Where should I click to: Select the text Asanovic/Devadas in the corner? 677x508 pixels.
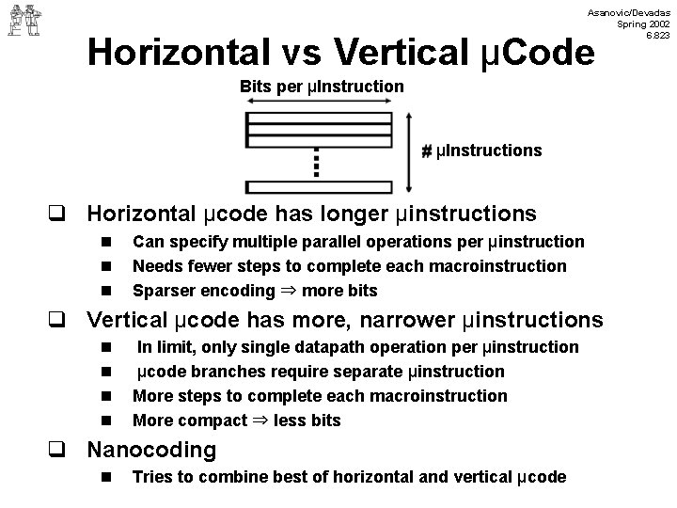coord(626,11)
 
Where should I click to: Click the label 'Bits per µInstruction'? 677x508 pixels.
coord(322,87)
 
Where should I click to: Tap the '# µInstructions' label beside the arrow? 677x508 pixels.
coord(481,151)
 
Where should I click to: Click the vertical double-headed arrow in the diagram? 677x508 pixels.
coord(406,151)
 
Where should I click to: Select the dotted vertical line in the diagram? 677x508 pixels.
coord(316,163)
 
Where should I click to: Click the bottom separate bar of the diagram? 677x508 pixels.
coord(317,186)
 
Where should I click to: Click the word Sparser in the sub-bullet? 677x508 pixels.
coord(161,290)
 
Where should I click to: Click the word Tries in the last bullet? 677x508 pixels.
coord(152,477)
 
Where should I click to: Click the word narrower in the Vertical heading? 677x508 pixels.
coord(414,320)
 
